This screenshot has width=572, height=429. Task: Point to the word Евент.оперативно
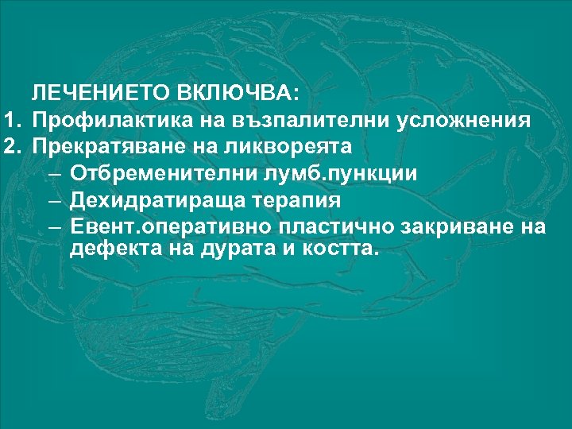click(x=171, y=226)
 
